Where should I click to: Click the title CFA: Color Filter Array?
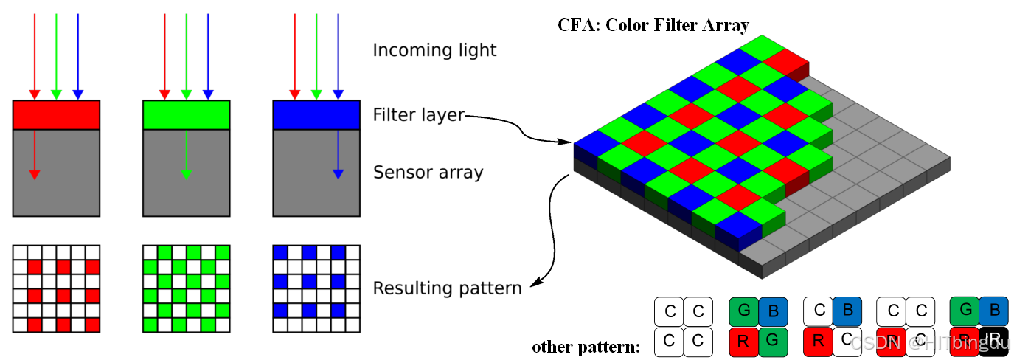653,26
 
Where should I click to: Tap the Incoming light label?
434,50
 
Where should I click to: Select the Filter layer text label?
419,115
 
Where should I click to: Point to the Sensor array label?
428,173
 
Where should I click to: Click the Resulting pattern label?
447,288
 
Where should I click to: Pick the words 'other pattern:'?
586,346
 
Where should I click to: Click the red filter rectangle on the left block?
56,115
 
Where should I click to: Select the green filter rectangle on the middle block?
186,115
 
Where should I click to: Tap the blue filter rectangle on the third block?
316,115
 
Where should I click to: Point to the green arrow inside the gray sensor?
186,154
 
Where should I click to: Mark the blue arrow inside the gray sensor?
338,154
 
